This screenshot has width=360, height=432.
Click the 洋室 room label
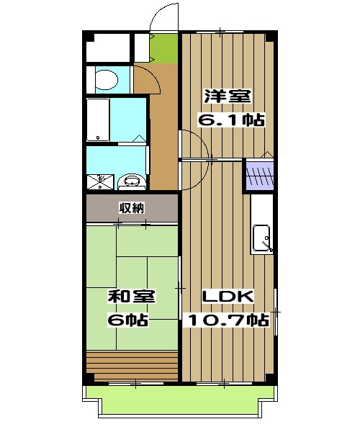pos(228,96)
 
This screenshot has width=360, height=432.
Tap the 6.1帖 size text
pos(231,120)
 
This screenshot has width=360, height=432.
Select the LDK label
pos(228,297)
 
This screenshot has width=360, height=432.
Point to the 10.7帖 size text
pos(228,320)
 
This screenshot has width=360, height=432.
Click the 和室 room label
pos(132,297)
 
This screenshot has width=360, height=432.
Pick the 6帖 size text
pos(128,320)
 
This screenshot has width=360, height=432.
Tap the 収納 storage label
pos(132,208)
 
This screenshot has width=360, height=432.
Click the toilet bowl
pos(107,80)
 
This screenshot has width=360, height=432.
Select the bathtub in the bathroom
pos(99,120)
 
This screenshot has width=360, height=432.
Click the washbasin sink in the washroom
pos(132,181)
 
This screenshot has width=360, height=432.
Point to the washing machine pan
pos(100,182)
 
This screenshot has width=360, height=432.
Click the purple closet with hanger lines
pos(259,176)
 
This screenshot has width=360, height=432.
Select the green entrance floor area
pos(165,48)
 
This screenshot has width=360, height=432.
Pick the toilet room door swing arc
pos(155,75)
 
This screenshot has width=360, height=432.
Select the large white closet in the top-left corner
pos(108,48)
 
